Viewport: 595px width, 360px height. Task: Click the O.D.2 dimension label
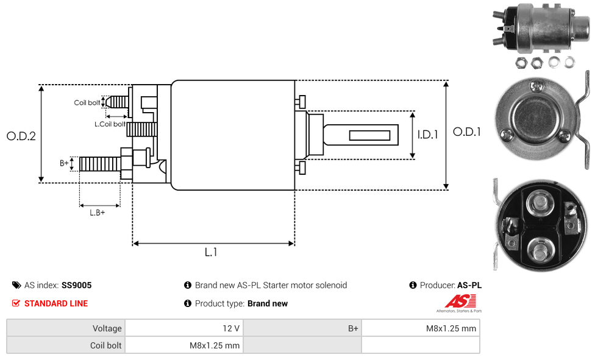point(21,136)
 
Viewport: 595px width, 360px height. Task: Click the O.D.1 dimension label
point(467,132)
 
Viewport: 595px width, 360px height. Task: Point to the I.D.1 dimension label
point(427,135)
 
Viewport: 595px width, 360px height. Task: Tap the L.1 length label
point(211,252)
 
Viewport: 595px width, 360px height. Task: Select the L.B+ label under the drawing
point(98,213)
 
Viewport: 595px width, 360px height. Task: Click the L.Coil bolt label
point(110,124)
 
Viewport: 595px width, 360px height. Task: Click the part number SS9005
point(76,285)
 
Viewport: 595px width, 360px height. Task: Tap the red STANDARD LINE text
point(56,303)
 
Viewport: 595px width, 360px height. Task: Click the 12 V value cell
point(231,328)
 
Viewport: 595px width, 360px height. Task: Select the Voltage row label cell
point(66,328)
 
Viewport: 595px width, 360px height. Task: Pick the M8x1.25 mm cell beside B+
point(451,328)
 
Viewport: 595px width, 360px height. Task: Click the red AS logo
point(461,302)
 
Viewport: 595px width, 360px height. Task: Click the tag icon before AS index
point(16,285)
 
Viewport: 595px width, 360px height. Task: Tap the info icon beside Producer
point(413,285)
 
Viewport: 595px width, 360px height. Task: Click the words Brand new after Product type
point(268,303)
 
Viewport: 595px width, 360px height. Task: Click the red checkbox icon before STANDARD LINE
point(16,303)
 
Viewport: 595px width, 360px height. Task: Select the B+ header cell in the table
point(354,328)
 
